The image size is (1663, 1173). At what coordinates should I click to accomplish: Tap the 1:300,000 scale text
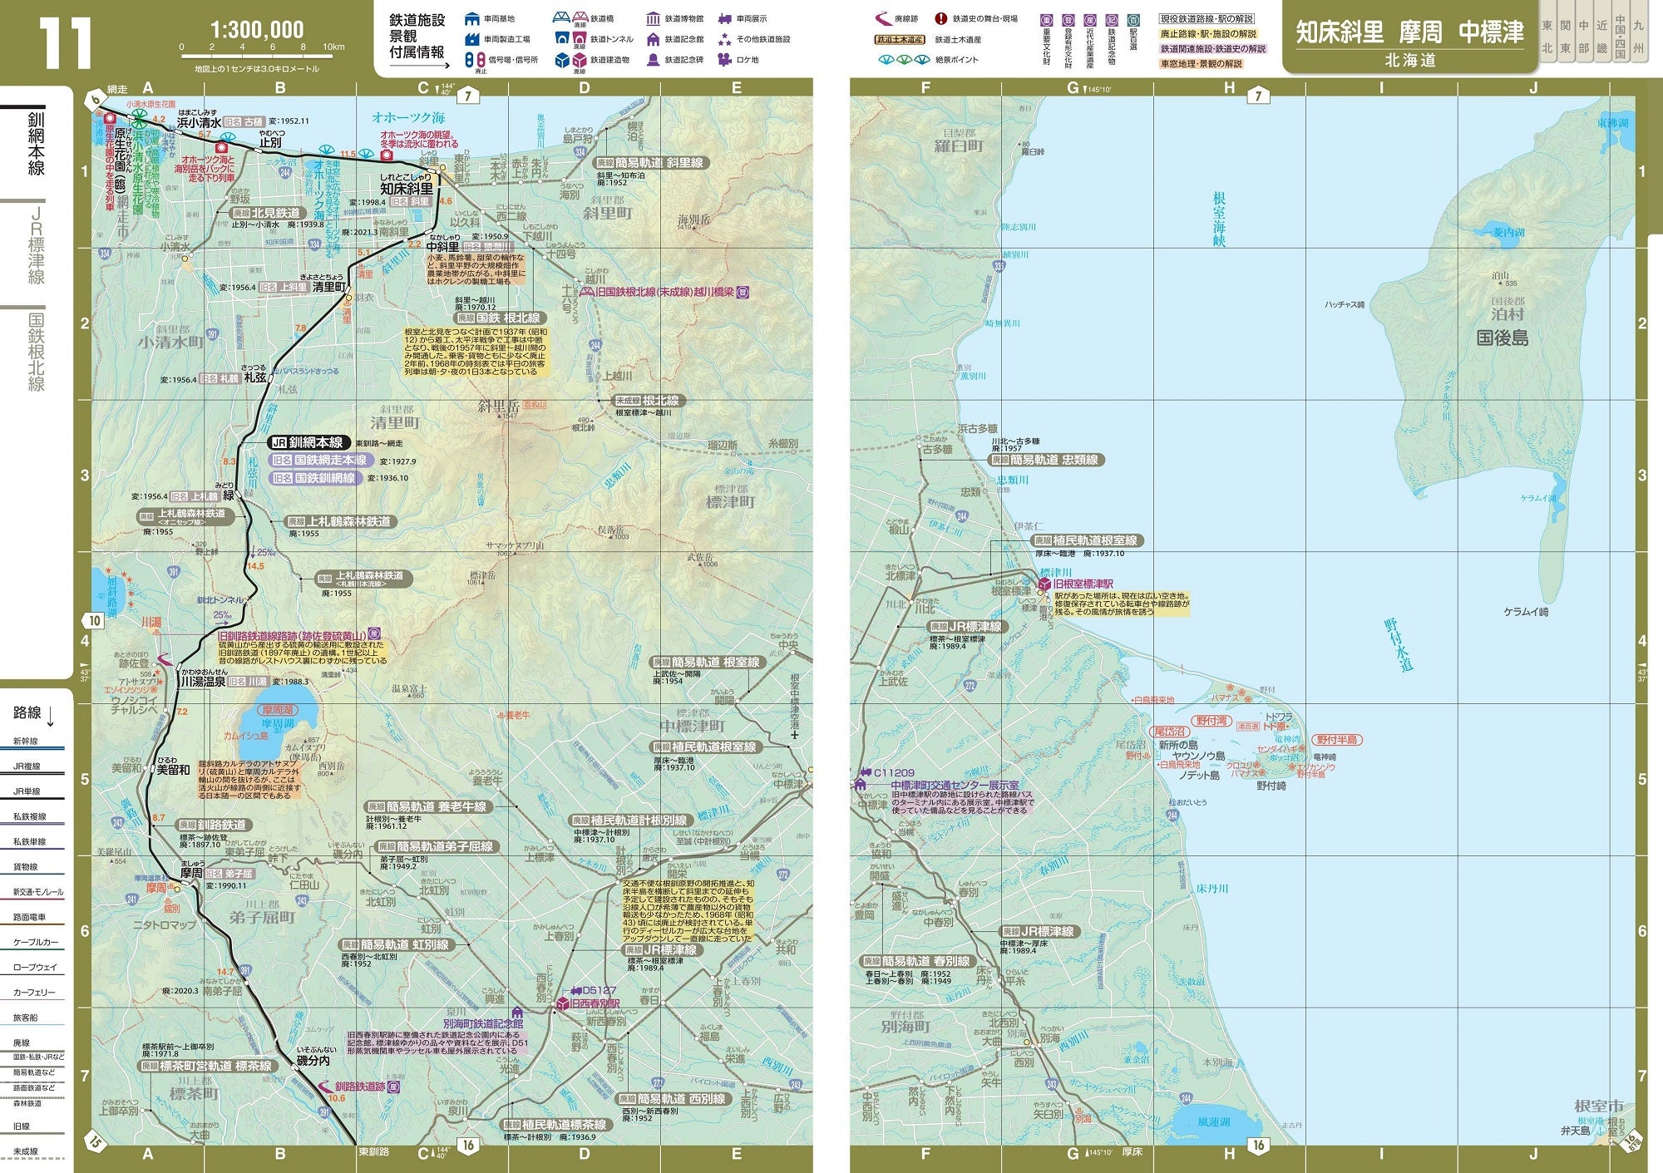point(256,30)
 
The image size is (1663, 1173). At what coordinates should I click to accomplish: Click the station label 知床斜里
point(407,189)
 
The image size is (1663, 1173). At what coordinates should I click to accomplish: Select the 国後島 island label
point(1503,338)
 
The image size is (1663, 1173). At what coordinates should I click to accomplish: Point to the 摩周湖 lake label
point(278,724)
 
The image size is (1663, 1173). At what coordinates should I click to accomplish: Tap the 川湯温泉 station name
point(203,682)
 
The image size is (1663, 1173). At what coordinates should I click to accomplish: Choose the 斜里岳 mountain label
point(497,407)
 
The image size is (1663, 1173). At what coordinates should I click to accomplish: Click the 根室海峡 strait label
point(1219,219)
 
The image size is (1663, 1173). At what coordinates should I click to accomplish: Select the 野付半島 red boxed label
point(1337,739)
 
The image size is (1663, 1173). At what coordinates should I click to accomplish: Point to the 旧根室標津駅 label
point(1083,584)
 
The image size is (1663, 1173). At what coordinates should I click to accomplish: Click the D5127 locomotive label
point(599,990)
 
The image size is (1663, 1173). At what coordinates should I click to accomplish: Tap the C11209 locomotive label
point(894,772)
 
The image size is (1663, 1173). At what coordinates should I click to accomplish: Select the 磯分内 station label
point(313,1061)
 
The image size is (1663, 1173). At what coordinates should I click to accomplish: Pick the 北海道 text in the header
point(1410,61)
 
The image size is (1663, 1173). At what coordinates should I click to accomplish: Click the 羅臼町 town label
point(958,146)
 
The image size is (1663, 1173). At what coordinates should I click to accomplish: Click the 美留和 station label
point(173,770)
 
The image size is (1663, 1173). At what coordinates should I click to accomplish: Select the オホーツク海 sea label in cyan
point(408,117)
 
